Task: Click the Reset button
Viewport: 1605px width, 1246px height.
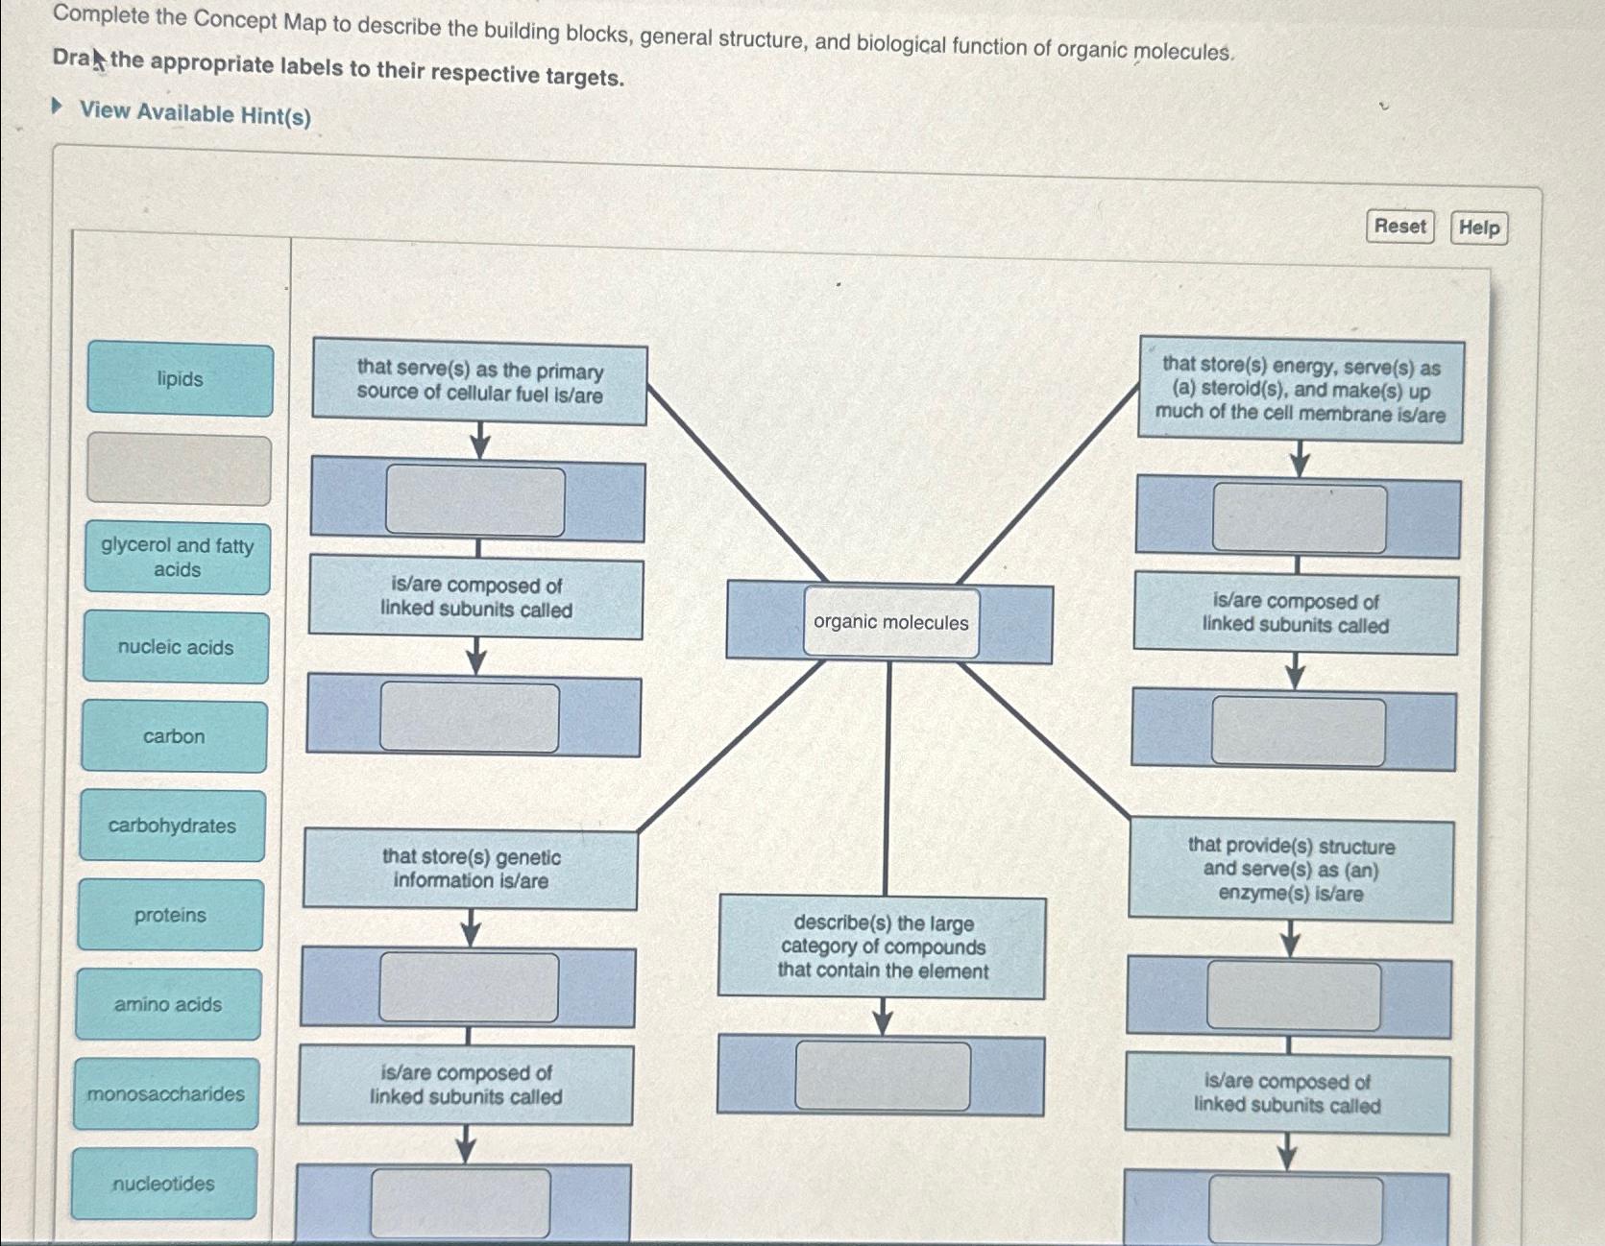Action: [x=1399, y=227]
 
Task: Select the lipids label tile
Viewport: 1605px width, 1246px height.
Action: [x=181, y=380]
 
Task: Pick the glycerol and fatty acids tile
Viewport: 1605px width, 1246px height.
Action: [x=178, y=558]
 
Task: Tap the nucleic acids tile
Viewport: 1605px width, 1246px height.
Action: [x=176, y=648]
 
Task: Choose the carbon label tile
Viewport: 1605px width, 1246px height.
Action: [x=174, y=737]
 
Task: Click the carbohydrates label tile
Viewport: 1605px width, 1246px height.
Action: [x=172, y=827]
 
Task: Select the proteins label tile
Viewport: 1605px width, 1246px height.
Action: [x=170, y=916]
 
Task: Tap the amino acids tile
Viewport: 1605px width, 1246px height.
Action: [x=168, y=1005]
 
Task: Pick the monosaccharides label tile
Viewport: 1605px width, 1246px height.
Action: [x=166, y=1094]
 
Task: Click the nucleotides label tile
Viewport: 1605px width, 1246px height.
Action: [x=164, y=1185]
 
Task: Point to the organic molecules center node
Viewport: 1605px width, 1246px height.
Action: [x=891, y=623]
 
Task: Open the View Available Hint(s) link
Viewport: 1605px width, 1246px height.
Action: [x=194, y=113]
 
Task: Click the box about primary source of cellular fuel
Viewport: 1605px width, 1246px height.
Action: [x=479, y=382]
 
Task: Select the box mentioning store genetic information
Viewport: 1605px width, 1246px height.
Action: [x=471, y=869]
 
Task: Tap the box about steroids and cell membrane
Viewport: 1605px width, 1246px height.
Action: [x=1301, y=390]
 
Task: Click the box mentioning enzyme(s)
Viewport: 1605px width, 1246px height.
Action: [x=1291, y=870]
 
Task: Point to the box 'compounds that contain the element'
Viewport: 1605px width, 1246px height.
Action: [x=883, y=947]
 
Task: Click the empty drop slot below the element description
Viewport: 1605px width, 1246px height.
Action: [x=883, y=1076]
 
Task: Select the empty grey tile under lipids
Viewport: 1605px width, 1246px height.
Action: [x=180, y=469]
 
